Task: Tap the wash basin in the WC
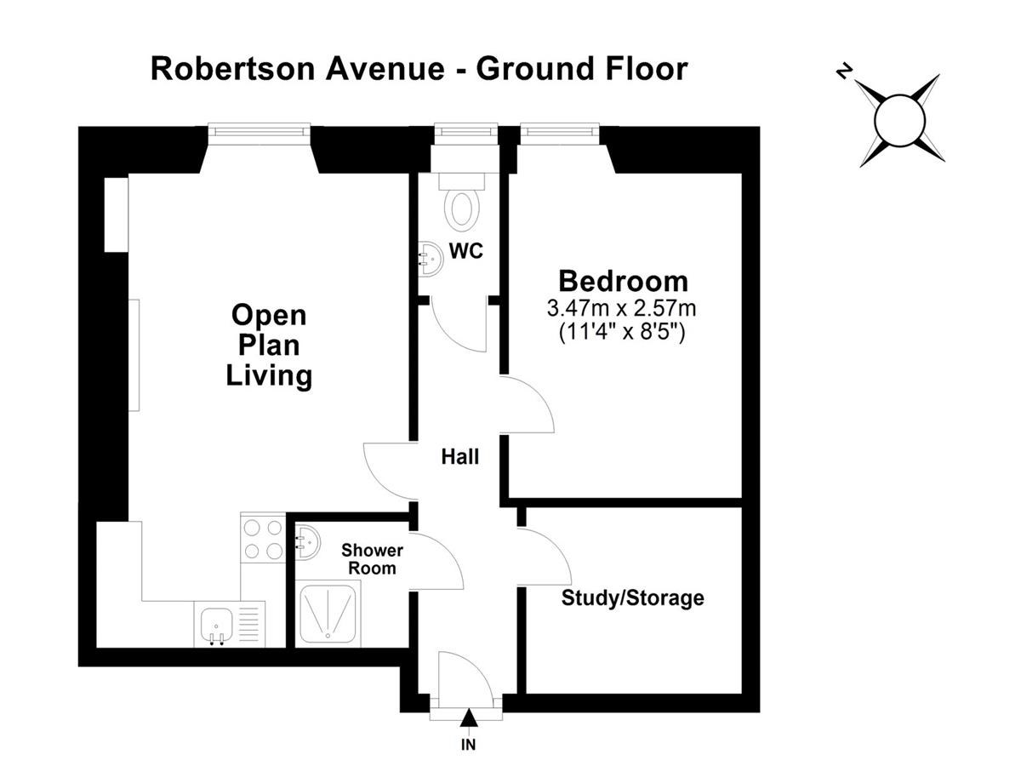point(431,259)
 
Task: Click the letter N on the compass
point(844,72)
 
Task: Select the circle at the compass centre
point(899,121)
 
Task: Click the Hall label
point(459,457)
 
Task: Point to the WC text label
point(466,251)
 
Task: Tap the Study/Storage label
point(633,598)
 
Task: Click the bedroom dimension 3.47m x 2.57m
point(621,308)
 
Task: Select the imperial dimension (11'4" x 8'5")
point(622,332)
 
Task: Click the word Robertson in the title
point(233,69)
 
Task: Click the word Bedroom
point(623,282)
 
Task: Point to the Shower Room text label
point(372,559)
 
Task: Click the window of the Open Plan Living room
point(260,130)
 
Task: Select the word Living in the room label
point(269,376)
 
